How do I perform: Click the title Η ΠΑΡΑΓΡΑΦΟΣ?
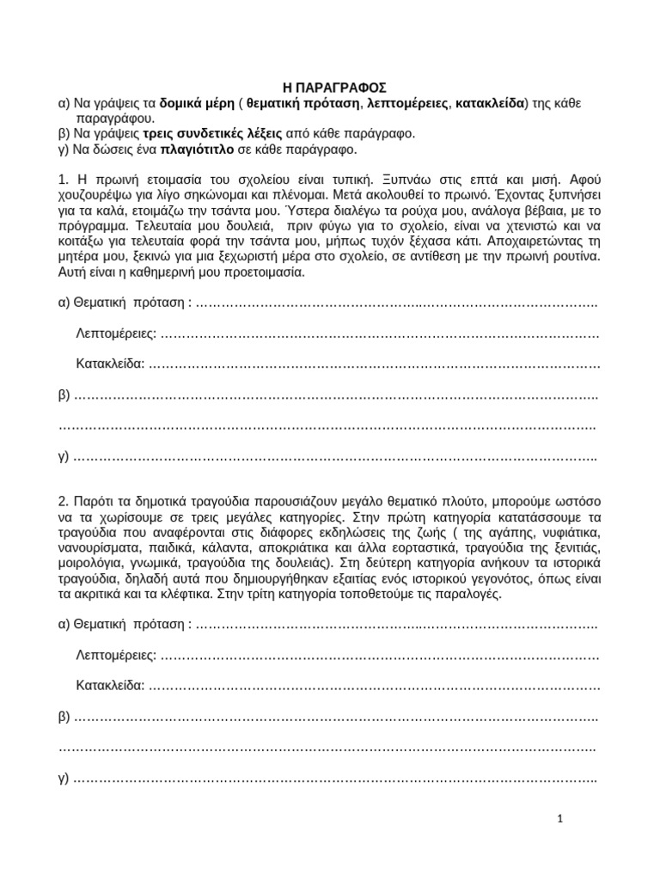pyautogui.click(x=335, y=87)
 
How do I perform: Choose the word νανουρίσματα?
pyautogui.click(x=98, y=547)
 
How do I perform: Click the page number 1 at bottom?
pyautogui.click(x=559, y=819)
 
